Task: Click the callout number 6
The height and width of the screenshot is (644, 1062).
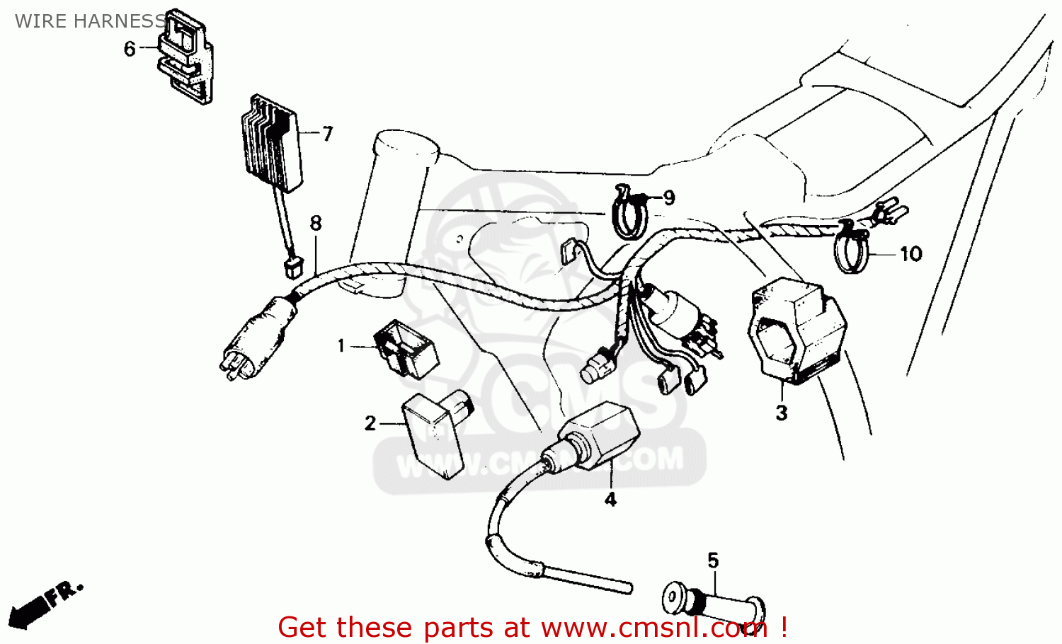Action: [130, 49]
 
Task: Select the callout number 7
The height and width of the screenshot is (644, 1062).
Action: [327, 134]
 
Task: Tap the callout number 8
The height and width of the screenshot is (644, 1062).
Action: [316, 223]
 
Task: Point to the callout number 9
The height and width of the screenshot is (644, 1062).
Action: [668, 198]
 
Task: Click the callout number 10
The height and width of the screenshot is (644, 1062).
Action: [910, 253]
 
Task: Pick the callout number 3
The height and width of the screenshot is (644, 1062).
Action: [781, 413]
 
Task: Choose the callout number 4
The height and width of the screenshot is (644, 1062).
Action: [610, 500]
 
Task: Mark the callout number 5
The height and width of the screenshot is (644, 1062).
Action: [713, 560]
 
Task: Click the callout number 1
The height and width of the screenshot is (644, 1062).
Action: [341, 345]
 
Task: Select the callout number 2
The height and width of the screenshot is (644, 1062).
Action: [370, 423]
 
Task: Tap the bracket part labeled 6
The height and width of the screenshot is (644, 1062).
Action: [185, 57]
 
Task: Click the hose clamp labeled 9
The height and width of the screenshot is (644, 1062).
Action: [629, 214]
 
